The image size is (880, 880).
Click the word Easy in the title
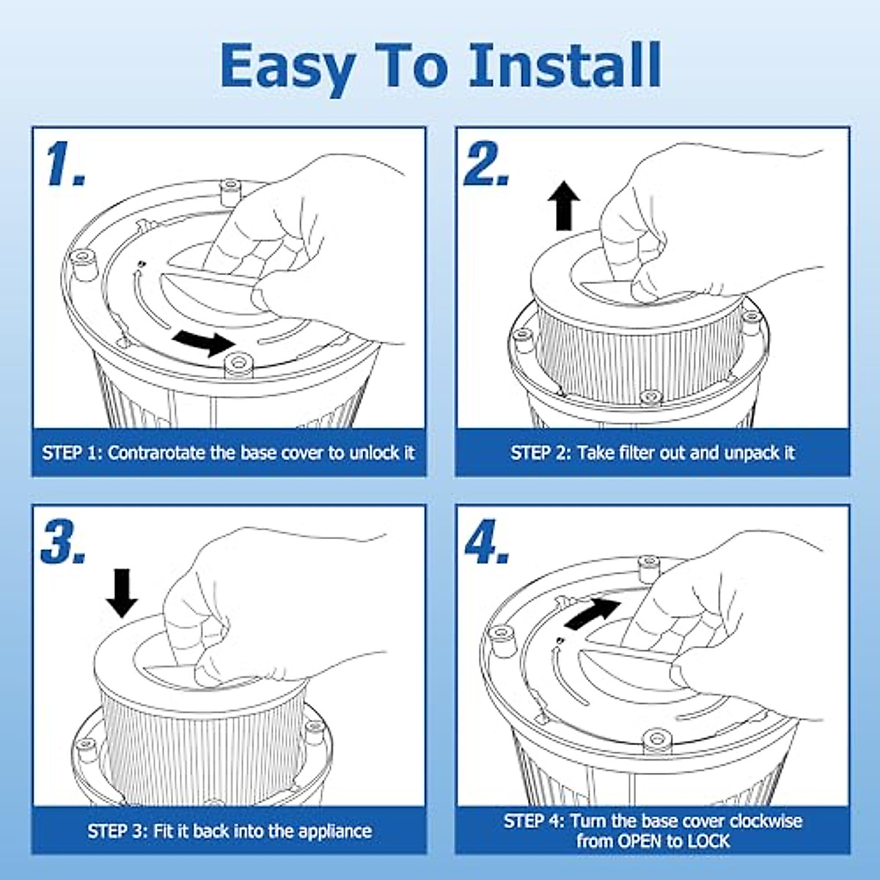click(287, 68)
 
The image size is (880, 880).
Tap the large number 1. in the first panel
click(66, 164)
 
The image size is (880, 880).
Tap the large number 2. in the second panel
click(487, 164)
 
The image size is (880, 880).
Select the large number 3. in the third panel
click(64, 542)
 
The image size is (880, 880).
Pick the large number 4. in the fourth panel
click(487, 542)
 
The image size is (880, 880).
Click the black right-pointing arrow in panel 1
click(204, 343)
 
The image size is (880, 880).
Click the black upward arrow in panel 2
click(565, 205)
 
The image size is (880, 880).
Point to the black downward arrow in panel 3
click(122, 593)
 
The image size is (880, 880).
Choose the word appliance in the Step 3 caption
click(334, 831)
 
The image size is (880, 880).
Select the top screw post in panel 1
click(230, 191)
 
